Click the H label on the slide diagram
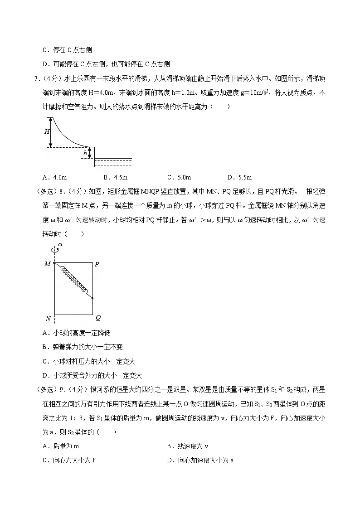pyautogui.click(x=47, y=132)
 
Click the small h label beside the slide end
pyautogui.click(x=85, y=154)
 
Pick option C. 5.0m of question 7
pyautogui.click(x=179, y=177)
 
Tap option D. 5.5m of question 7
pyautogui.click(x=239, y=177)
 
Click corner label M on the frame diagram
pyautogui.click(x=47, y=264)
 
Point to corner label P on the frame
pyautogui.click(x=97, y=264)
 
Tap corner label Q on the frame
pyautogui.click(x=98, y=318)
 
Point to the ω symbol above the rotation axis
pyautogui.click(x=60, y=245)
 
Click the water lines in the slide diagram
pyautogui.click(x=113, y=163)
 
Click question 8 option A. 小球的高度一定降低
pyautogui.click(x=76, y=333)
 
